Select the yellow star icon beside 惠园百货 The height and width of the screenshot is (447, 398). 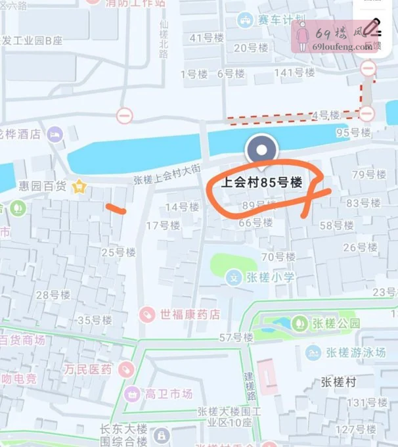80,187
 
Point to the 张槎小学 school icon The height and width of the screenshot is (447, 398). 233,277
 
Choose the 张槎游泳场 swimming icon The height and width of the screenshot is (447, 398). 313,352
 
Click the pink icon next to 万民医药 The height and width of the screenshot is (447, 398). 125,369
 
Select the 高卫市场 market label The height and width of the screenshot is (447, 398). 169,394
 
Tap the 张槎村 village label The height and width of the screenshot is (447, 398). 338,381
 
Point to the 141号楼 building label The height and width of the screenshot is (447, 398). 290,72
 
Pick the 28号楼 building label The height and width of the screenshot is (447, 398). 52,295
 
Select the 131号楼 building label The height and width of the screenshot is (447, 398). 365,402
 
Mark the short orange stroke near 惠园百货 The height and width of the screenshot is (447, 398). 116,209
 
